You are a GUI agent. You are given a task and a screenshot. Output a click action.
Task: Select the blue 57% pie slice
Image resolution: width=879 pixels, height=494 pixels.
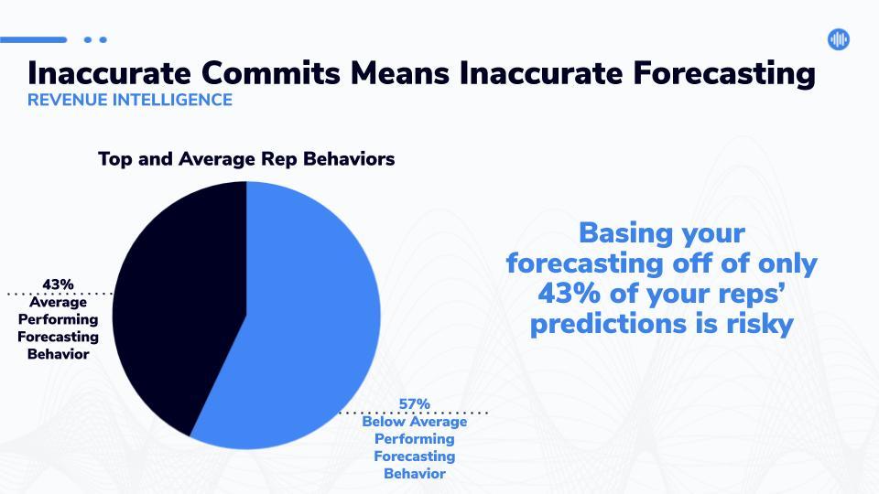pyautogui.click(x=303, y=325)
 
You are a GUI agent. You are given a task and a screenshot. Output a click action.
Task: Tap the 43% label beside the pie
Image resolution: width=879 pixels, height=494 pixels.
pyautogui.click(x=58, y=285)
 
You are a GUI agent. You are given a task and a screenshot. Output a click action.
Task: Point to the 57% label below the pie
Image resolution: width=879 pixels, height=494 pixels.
pyautogui.click(x=414, y=403)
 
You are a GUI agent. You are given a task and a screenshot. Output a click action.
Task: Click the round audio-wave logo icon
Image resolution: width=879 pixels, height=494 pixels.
pyautogui.click(x=838, y=39)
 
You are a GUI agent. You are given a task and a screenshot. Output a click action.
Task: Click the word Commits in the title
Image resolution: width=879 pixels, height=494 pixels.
pyautogui.click(x=271, y=73)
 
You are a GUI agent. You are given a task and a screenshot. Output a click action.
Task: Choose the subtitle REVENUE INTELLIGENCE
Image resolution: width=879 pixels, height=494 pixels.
pyautogui.click(x=130, y=100)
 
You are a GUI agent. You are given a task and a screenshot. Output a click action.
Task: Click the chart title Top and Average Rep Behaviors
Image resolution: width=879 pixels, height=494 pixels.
pyautogui.click(x=246, y=159)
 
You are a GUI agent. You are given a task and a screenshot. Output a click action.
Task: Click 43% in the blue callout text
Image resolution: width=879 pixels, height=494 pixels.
pyautogui.click(x=569, y=293)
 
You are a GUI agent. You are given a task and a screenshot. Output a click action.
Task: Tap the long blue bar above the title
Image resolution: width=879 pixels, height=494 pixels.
pyautogui.click(x=34, y=39)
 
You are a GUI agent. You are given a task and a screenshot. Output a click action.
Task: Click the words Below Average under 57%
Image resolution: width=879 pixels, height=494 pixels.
pyautogui.click(x=414, y=421)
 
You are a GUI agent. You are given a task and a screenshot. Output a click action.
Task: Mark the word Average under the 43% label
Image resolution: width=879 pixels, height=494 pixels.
pyautogui.click(x=59, y=303)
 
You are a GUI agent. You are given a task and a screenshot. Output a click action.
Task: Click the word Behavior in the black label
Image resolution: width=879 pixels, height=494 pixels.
pyautogui.click(x=59, y=354)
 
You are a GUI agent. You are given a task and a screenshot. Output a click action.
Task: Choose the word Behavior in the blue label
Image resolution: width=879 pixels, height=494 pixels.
pyautogui.click(x=415, y=474)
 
